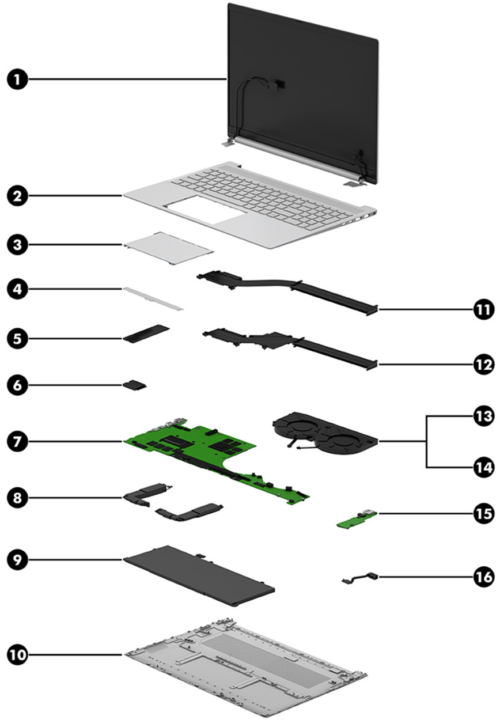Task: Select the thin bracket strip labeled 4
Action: (x=153, y=296)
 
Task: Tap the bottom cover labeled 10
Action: (x=242, y=662)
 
